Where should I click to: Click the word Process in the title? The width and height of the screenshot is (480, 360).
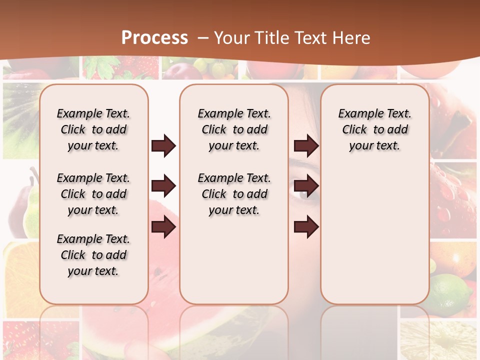(155, 38)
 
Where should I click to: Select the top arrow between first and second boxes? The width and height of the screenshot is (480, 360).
(163, 146)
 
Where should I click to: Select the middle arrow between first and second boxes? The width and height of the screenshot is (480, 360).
(163, 186)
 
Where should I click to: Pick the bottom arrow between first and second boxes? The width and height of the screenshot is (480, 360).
(163, 227)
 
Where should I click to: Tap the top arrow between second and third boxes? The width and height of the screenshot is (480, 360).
(306, 146)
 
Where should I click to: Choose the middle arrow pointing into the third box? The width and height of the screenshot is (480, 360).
(306, 186)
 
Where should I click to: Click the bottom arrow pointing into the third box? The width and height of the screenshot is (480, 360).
(306, 227)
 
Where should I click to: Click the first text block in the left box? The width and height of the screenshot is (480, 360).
(93, 129)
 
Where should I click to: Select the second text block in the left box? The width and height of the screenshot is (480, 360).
(93, 194)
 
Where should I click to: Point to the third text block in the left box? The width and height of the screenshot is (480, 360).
(93, 255)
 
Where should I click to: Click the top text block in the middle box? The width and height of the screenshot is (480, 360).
(234, 129)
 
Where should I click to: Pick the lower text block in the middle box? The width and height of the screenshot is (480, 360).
(234, 194)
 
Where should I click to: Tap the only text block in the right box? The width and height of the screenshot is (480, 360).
(374, 129)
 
